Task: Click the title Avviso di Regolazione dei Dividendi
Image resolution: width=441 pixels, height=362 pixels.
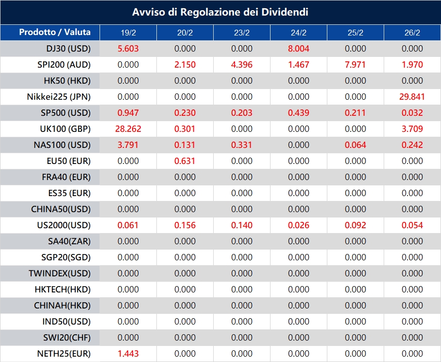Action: click(x=220, y=12)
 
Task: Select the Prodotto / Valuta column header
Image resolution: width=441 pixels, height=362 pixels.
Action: click(x=55, y=33)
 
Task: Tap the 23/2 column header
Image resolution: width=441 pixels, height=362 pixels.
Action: click(x=242, y=33)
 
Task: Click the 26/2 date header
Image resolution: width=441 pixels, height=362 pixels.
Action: click(x=412, y=33)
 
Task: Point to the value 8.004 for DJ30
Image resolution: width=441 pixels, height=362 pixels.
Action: click(x=299, y=49)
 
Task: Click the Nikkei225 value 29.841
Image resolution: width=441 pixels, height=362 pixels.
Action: click(x=412, y=97)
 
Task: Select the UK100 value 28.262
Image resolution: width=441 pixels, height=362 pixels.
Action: click(x=128, y=129)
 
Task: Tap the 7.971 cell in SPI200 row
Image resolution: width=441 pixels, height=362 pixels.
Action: click(x=356, y=65)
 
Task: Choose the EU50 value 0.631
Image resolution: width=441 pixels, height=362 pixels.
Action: click(x=185, y=161)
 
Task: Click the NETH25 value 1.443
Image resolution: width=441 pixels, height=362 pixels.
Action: click(x=128, y=354)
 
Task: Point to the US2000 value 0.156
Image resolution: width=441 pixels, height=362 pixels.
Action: click(x=185, y=225)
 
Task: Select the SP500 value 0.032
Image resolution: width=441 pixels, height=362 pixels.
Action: click(x=412, y=113)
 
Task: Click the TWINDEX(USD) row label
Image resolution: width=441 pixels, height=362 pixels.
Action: click(x=60, y=273)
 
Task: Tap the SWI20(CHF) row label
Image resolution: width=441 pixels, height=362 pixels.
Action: click(x=64, y=338)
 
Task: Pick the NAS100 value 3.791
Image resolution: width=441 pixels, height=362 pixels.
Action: click(x=128, y=145)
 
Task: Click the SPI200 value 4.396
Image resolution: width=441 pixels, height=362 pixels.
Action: click(x=242, y=65)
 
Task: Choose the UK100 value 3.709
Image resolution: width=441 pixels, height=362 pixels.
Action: click(x=412, y=129)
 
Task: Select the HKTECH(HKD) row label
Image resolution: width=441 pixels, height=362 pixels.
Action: click(x=63, y=290)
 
